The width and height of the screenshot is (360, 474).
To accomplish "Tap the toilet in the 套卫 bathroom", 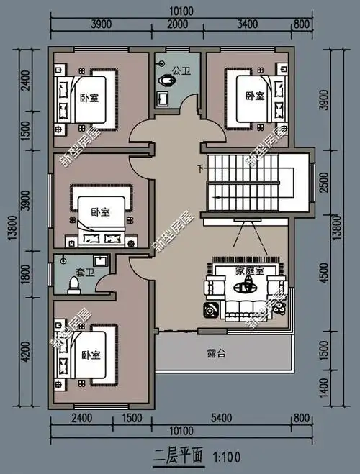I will click(72, 286).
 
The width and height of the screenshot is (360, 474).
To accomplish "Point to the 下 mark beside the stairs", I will click(199, 170).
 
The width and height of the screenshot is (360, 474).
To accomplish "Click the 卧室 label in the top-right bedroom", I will click(253, 96).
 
